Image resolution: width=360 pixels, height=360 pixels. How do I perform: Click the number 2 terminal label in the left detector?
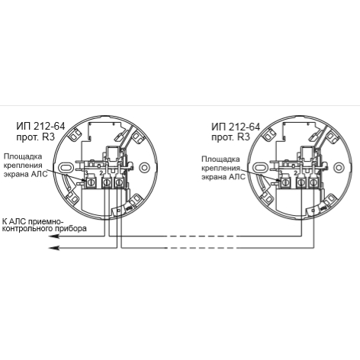(x=101, y=173)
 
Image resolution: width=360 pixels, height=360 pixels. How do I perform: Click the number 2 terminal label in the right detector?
(x=295, y=173)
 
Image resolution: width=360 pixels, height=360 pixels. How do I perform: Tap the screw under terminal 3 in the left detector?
(x=90, y=182)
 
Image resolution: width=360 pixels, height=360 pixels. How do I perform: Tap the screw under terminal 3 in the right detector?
(x=284, y=182)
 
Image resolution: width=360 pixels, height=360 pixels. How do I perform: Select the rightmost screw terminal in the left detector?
(x=119, y=182)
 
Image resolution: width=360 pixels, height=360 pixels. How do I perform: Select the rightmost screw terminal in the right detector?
(x=313, y=182)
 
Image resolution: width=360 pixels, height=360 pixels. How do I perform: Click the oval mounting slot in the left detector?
(x=66, y=168)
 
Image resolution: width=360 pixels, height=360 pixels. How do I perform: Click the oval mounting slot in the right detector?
(x=260, y=168)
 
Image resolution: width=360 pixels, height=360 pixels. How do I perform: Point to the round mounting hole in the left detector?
(x=144, y=168)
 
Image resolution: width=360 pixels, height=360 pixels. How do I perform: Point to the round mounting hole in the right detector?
(x=339, y=168)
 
